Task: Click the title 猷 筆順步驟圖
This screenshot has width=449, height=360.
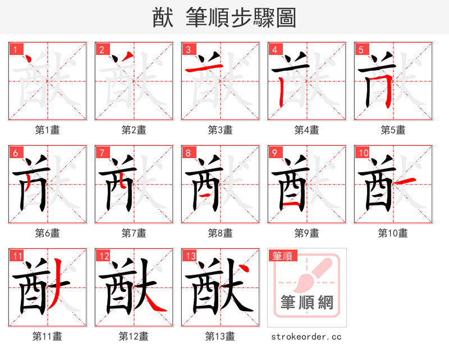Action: (x=224, y=17)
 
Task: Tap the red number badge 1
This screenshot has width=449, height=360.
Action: (x=15, y=49)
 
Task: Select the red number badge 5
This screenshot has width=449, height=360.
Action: (x=361, y=49)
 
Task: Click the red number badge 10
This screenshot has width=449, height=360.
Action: (x=363, y=153)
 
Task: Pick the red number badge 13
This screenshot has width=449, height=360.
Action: (x=190, y=256)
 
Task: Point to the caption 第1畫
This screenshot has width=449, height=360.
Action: (x=48, y=130)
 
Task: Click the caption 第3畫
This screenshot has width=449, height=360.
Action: (x=221, y=130)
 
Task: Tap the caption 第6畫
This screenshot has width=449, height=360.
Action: (x=48, y=233)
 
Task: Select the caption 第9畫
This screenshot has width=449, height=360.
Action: (x=307, y=233)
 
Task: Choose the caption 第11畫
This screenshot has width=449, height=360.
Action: (x=48, y=336)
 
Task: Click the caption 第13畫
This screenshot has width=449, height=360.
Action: (x=221, y=336)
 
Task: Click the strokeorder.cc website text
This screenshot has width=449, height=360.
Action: (x=306, y=336)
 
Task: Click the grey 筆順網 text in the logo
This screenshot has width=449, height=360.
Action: (x=307, y=303)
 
